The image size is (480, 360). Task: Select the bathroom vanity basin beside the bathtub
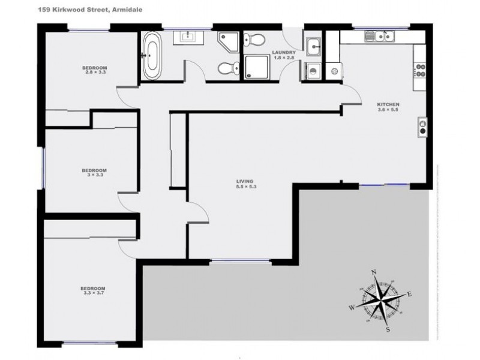click(x=189, y=37)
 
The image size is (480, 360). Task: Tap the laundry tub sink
click(x=314, y=46)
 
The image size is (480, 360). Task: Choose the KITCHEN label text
click(x=388, y=106)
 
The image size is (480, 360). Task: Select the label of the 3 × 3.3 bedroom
click(x=94, y=172)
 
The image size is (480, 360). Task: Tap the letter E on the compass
click(x=410, y=293)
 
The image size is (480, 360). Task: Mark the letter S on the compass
click(x=389, y=329)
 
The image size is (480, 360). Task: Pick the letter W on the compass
click(x=353, y=308)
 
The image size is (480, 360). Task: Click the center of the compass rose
click(x=382, y=301)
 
